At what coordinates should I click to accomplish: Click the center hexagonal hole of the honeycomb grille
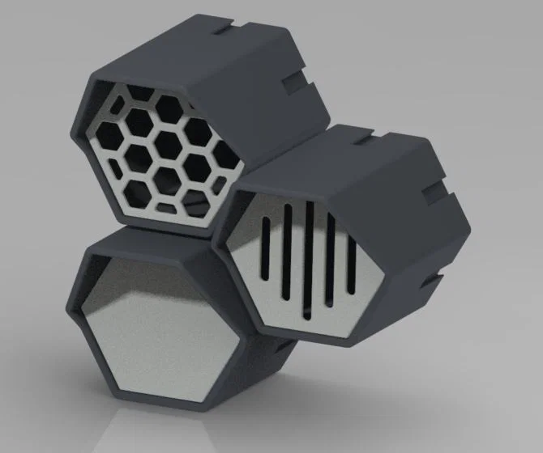pyautogui.click(x=168, y=144)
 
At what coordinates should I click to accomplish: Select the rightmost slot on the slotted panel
pyautogui.click(x=352, y=256)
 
